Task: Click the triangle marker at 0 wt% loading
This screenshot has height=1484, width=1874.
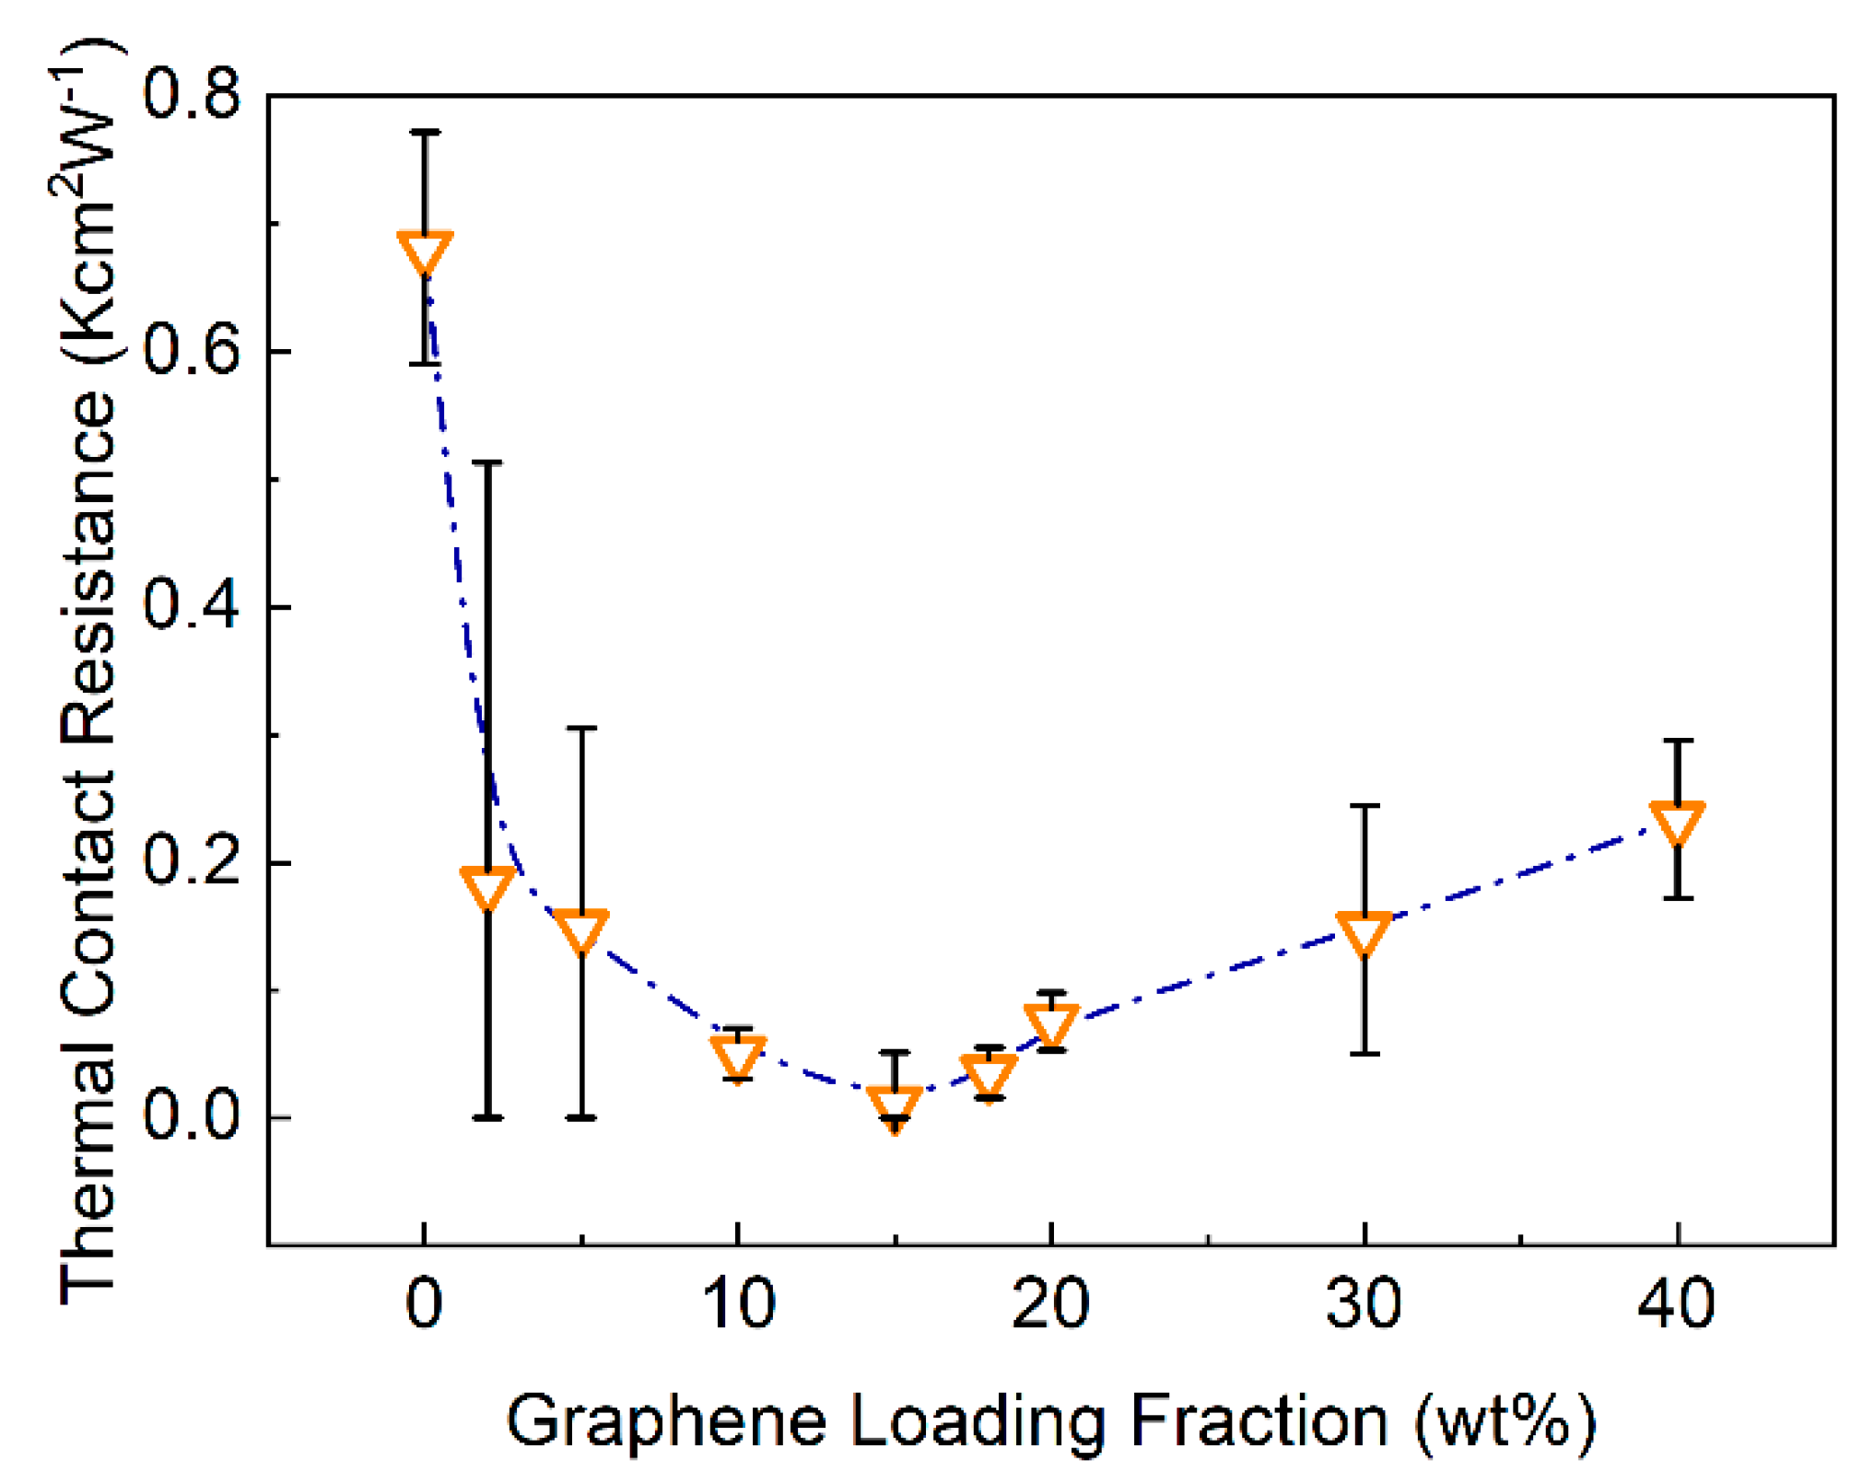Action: coord(425,251)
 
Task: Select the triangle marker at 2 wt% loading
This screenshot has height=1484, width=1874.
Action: coord(487,886)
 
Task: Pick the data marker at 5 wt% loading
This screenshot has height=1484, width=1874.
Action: coord(581,929)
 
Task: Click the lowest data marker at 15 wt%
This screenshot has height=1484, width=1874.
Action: coord(895,1106)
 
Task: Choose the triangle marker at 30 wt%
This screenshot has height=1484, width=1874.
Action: coord(1365,932)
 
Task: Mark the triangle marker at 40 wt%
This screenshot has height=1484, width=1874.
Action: coord(1678,822)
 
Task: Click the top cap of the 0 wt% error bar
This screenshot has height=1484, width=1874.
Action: coord(425,133)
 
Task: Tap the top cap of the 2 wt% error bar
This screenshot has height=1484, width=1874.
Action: coord(487,462)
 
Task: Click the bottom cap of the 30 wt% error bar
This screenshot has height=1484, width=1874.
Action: coord(1365,1053)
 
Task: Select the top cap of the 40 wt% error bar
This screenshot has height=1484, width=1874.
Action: coord(1678,741)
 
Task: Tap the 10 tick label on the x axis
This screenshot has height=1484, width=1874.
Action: coord(738,1303)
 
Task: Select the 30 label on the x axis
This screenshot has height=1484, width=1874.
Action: coord(1364,1303)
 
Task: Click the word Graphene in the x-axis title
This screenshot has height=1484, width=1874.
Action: coord(665,1421)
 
